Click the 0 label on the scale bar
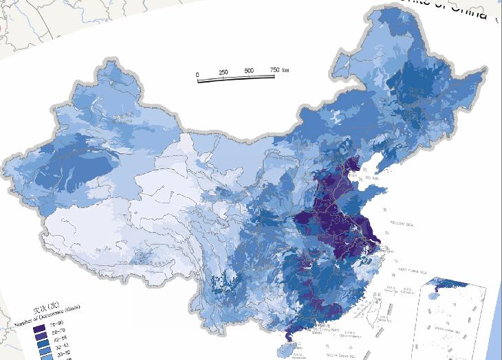point(197,74)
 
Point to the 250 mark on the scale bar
point(223,72)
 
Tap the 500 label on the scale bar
point(249,71)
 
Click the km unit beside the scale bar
point(285,69)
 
